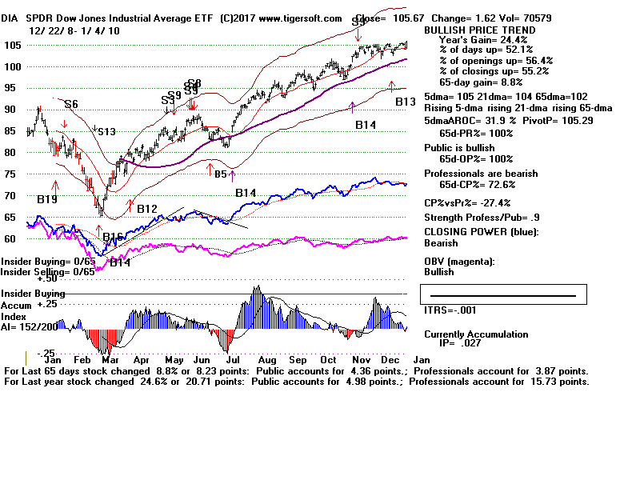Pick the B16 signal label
113,237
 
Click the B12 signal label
147,210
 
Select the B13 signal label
406,102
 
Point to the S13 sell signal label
106,132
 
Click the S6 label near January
70,104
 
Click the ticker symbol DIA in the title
14,18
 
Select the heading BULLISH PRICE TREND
468,30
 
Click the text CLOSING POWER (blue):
482,233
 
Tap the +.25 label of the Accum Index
27,305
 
